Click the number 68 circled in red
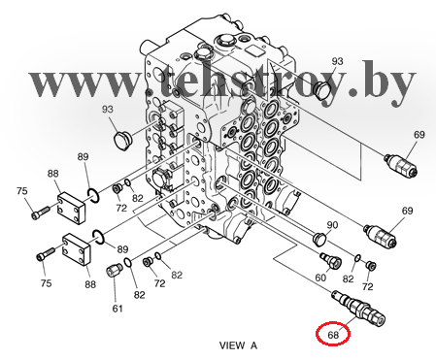(333, 335)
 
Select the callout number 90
(332, 225)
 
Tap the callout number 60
(320, 278)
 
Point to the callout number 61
(117, 309)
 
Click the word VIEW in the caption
(232, 345)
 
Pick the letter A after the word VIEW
(253, 345)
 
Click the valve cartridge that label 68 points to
(358, 307)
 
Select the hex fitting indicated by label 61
(115, 270)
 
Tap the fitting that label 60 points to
(330, 260)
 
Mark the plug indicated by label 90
(319, 238)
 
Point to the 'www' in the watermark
(85, 84)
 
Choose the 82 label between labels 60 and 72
(348, 278)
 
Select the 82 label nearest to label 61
(139, 295)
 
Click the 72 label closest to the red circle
(367, 286)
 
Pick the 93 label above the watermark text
(337, 61)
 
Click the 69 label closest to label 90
(407, 211)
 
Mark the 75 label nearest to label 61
(46, 283)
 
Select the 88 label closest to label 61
(90, 284)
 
